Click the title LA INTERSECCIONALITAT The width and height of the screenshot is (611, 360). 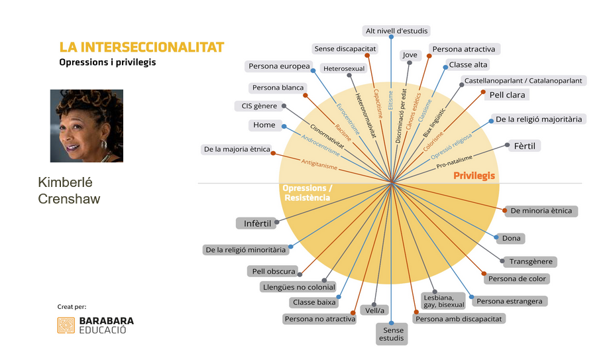142,47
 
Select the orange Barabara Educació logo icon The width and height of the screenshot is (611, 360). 66,325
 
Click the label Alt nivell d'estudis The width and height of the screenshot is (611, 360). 397,30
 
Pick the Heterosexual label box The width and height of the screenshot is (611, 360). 344,68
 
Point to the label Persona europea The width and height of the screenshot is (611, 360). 278,66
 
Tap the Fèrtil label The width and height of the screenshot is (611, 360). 524,145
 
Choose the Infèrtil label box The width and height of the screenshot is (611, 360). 257,223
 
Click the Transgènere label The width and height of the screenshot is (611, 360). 531,261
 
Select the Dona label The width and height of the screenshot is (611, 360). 512,238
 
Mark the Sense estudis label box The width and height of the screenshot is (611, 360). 391,334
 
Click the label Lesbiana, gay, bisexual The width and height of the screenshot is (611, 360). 443,300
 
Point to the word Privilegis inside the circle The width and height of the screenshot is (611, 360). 474,176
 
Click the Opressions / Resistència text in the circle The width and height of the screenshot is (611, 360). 307,193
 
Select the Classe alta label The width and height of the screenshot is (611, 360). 468,65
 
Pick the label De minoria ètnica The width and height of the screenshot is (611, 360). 541,211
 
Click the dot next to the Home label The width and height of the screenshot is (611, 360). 284,125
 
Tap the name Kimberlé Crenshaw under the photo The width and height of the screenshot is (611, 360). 70,190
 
